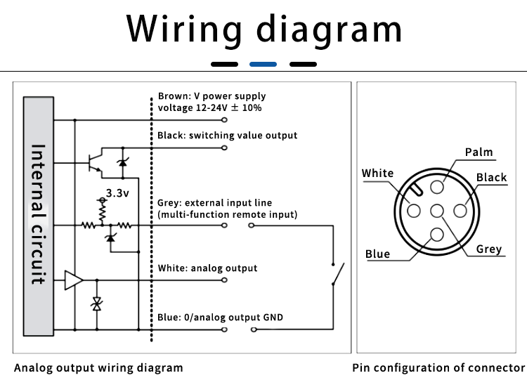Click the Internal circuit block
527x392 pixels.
pyautogui.click(x=39, y=216)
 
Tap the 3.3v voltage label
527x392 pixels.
pyautogui.click(x=117, y=193)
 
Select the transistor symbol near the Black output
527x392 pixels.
pyautogui.click(x=95, y=163)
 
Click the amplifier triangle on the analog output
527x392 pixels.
pyautogui.click(x=74, y=280)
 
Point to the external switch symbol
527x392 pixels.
pyautogui.click(x=338, y=274)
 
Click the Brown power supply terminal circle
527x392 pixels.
pyautogui.click(x=224, y=120)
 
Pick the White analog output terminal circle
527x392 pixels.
pyautogui.click(x=224, y=280)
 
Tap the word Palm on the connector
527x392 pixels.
pyautogui.click(x=479, y=152)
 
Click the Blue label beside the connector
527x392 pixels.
pyautogui.click(x=378, y=254)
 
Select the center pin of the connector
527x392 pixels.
pyautogui.click(x=437, y=211)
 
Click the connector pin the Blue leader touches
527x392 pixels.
pyautogui.click(x=437, y=235)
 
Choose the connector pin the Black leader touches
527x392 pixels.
pyautogui.click(x=460, y=211)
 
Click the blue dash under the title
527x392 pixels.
pyautogui.click(x=263, y=64)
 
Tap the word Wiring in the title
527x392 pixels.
pyautogui.click(x=184, y=30)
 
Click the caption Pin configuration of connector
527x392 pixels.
pyautogui.click(x=438, y=368)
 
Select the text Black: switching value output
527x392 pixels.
pyautogui.click(x=227, y=136)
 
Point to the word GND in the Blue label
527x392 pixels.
pyautogui.click(x=273, y=318)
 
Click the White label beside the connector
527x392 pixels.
pyautogui.click(x=377, y=173)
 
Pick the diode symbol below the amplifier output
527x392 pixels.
pyautogui.click(x=97, y=304)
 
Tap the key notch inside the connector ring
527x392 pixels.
pyautogui.click(x=416, y=190)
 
